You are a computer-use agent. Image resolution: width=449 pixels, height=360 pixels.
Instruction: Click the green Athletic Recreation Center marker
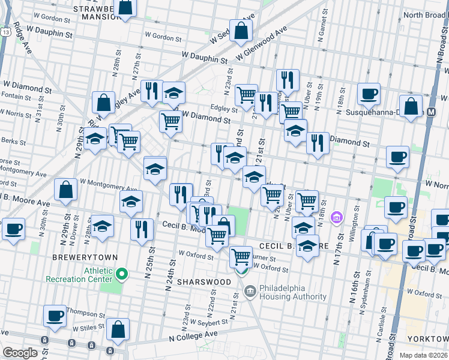122,275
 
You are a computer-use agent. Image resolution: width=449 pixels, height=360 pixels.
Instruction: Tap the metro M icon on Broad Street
432,112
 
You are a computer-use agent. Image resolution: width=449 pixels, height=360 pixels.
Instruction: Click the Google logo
20,352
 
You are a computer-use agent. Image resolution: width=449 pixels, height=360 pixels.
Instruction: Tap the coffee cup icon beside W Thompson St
55,316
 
